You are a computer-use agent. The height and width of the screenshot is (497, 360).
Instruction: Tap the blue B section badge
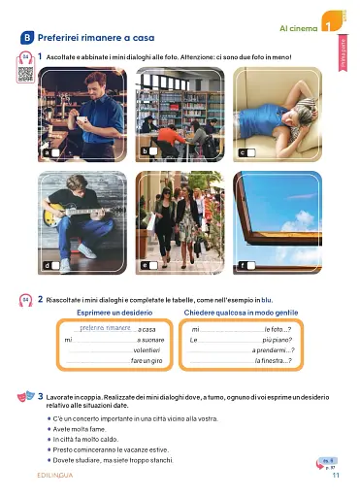click(26, 37)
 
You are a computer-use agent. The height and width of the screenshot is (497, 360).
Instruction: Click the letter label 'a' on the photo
click(46, 153)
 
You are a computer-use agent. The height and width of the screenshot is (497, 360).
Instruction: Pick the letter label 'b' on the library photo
click(145, 152)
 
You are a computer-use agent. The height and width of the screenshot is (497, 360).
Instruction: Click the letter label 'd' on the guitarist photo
click(46, 264)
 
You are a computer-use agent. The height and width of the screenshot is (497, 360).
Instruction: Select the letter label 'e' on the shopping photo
click(145, 264)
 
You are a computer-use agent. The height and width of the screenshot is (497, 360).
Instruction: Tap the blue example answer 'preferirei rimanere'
click(104, 329)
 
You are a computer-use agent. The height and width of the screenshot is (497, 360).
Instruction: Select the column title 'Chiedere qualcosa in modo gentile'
click(255, 312)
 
